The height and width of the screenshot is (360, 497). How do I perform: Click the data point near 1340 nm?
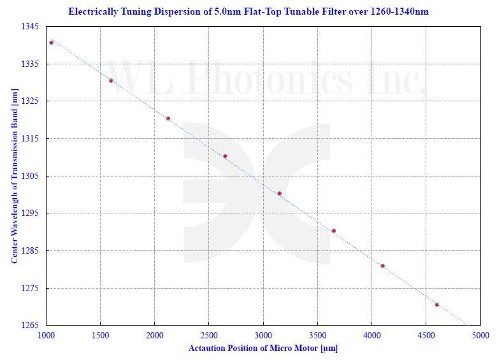pyautogui.click(x=52, y=43)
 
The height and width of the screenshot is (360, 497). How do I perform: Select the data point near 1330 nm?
pyautogui.click(x=111, y=80)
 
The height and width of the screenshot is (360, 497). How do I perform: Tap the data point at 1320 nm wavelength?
pyautogui.click(x=168, y=119)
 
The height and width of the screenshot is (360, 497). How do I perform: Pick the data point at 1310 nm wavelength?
pyautogui.click(x=225, y=156)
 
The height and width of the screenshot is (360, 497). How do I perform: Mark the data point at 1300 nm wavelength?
pyautogui.click(x=279, y=193)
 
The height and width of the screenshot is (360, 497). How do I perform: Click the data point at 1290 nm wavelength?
pyautogui.click(x=333, y=231)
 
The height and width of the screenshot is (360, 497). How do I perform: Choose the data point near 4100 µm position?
pyautogui.click(x=382, y=266)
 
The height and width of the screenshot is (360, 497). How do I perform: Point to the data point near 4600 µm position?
pyautogui.click(x=436, y=305)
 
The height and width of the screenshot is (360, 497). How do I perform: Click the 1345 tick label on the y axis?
pyautogui.click(x=30, y=27)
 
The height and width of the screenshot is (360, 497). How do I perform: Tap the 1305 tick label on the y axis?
pyautogui.click(x=30, y=176)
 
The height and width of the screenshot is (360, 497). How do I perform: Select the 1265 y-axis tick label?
pyautogui.click(x=30, y=326)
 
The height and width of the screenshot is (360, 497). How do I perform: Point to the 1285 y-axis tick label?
pyautogui.click(x=30, y=251)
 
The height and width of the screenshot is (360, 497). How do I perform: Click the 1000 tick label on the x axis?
pyautogui.click(x=46, y=335)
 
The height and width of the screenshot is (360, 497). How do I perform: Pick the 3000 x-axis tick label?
pyautogui.click(x=263, y=335)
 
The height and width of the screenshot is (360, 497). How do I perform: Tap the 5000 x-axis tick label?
pyautogui.click(x=480, y=335)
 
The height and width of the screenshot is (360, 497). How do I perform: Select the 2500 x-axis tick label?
pyautogui.click(x=209, y=335)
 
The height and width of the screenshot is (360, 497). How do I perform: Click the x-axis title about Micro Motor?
pyautogui.click(x=263, y=349)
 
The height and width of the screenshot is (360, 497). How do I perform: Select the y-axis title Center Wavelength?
pyautogui.click(x=14, y=176)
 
